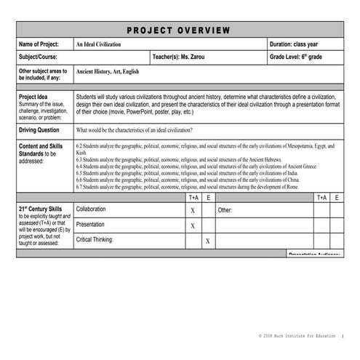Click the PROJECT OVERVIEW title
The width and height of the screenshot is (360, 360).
tap(178, 31)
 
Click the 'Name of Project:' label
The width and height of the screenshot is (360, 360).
tap(43, 45)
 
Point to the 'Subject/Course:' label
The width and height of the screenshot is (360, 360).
tap(41, 57)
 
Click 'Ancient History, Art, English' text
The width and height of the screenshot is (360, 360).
tap(111, 73)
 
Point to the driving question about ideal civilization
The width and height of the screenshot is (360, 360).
tap(135, 130)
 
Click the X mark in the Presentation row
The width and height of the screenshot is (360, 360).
tap(193, 226)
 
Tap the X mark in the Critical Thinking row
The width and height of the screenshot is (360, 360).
tap(207, 241)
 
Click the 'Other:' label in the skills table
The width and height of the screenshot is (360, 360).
tap(225, 210)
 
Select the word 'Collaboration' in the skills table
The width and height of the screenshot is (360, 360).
tap(96, 209)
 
